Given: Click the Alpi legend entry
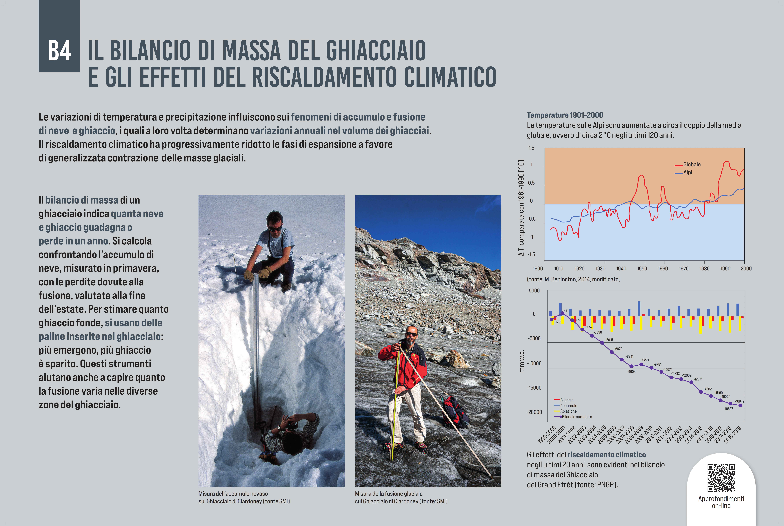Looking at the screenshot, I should [687, 172].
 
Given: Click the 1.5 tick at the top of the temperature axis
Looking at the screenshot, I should [531, 148].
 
